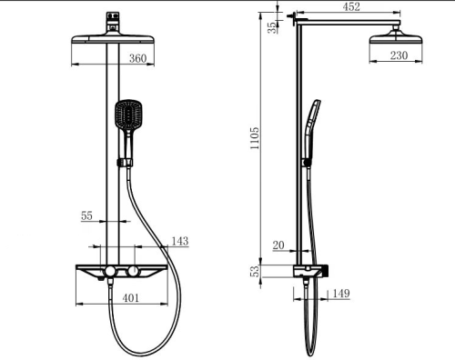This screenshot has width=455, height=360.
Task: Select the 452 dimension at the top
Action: coord(350,7)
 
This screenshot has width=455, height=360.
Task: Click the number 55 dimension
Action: coord(87,216)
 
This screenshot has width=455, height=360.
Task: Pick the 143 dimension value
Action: coord(180,241)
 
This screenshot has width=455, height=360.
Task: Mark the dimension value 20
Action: coord(278,245)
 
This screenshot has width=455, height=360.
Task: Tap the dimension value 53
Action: coord(256,270)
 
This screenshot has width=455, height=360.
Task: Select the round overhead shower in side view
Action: coord(397,39)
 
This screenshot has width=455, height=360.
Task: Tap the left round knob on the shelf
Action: coord(108,273)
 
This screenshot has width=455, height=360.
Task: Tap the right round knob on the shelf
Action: coord(134,273)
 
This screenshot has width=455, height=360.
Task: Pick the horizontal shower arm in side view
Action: coord(346,20)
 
